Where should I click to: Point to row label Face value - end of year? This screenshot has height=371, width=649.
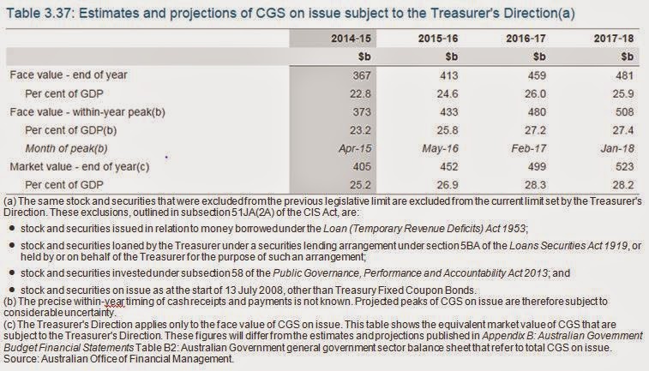[68, 75]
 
